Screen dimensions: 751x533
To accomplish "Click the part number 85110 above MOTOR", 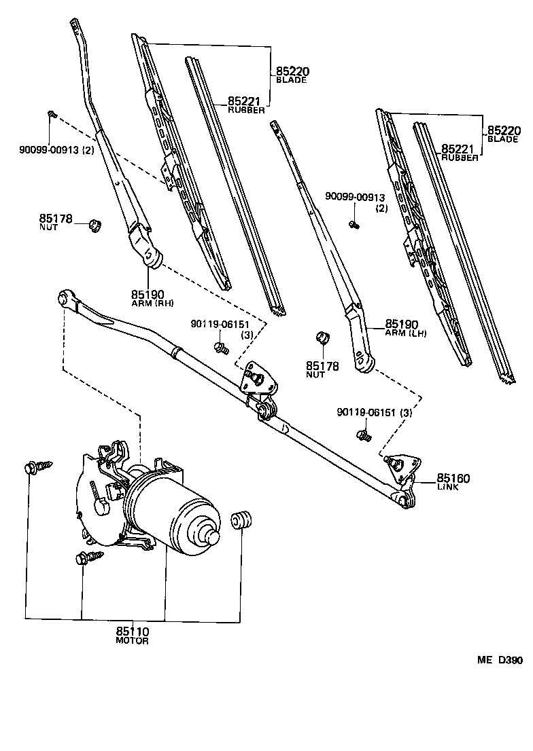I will pos(132,631).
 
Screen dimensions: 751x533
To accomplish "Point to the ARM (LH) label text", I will pos(406,334).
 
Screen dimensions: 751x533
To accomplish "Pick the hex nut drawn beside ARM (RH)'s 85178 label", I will pos(96,224).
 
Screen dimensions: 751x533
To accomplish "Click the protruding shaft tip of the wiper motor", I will pos(213,536).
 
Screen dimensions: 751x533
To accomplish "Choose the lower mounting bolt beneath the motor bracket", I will pos(84,558).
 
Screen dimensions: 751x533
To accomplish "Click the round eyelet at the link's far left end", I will pos(65,297).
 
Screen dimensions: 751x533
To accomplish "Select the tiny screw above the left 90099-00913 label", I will pos(51,114).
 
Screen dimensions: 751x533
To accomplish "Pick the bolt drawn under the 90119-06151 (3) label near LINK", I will pos(362,435).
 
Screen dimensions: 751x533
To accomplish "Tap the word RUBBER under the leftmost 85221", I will pos(246,110).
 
